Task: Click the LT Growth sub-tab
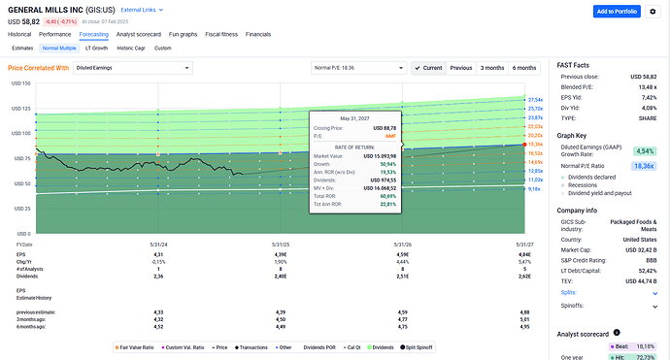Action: [97, 47]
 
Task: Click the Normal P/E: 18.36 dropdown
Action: [358, 68]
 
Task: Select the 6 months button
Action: [524, 68]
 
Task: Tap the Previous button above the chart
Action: [461, 68]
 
